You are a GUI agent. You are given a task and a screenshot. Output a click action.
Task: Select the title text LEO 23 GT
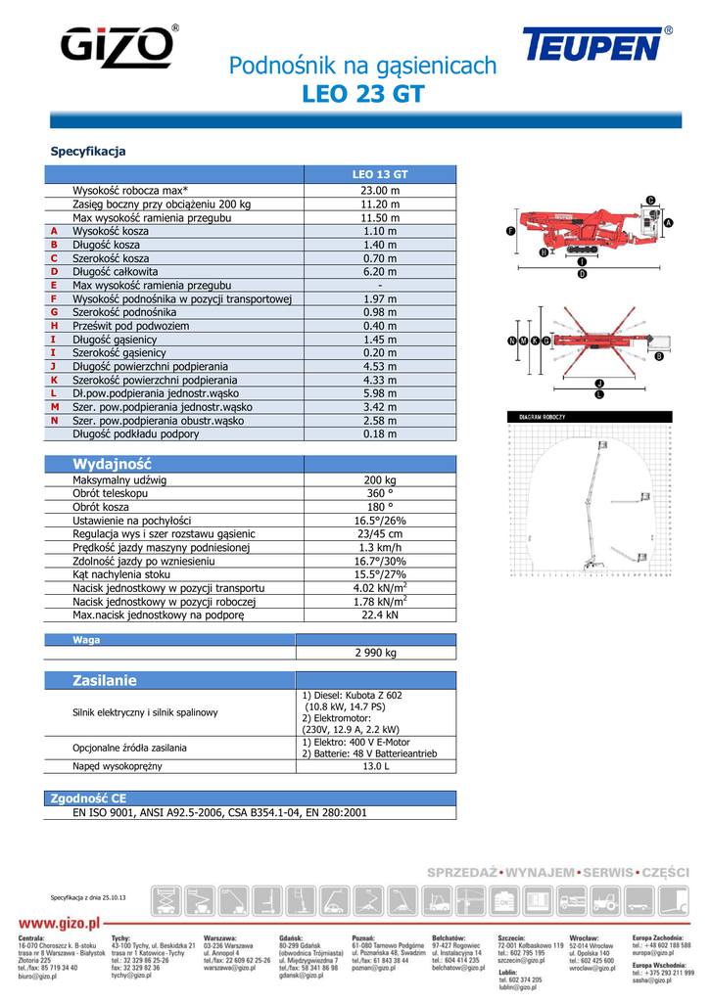pos(363,95)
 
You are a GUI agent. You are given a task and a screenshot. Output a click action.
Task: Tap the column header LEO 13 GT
pos(380,174)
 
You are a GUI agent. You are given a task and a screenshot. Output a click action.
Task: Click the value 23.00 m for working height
pos(380,190)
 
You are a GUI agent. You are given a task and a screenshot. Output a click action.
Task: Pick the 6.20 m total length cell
pos(380,271)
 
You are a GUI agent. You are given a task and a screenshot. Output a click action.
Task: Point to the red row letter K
pos(55,380)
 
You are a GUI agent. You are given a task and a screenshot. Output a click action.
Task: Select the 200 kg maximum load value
pos(380,480)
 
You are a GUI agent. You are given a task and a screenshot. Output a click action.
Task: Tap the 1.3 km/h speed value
pos(380,548)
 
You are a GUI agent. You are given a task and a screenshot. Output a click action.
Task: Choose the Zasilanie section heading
pos(105,680)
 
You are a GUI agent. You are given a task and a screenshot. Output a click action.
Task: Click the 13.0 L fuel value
pos(376,766)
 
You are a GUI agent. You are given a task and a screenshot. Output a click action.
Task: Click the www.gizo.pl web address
pos(61,923)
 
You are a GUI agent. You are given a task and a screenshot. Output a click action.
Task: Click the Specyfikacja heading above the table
pos(88,152)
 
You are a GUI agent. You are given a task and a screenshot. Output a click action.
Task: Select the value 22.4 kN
pos(380,615)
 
